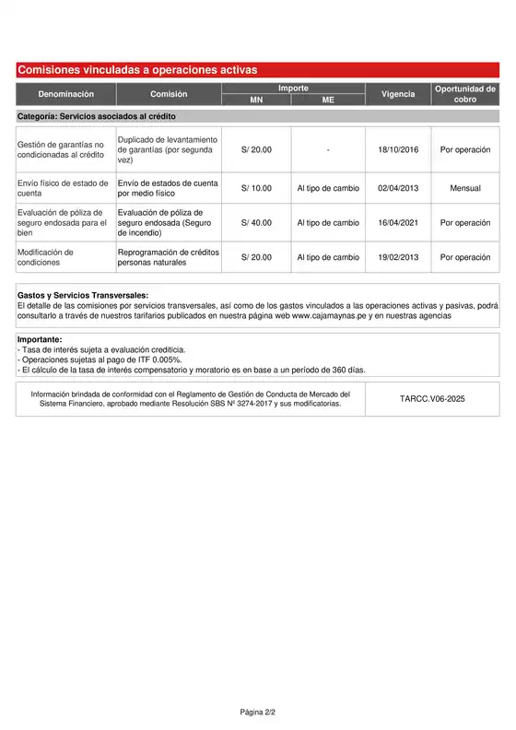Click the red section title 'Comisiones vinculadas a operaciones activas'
point(138,70)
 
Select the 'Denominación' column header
point(65,94)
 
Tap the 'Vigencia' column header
point(398,94)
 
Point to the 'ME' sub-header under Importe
point(328,100)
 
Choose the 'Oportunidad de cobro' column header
point(465,94)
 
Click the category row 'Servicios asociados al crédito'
point(97,117)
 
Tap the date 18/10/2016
point(398,149)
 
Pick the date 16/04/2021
point(398,223)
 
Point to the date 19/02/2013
point(398,257)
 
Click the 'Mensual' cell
point(465,189)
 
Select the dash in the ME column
point(328,149)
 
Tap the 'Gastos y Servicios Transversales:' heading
point(83,295)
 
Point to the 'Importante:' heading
point(40,339)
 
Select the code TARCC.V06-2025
point(433,399)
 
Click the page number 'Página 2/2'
point(258,712)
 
